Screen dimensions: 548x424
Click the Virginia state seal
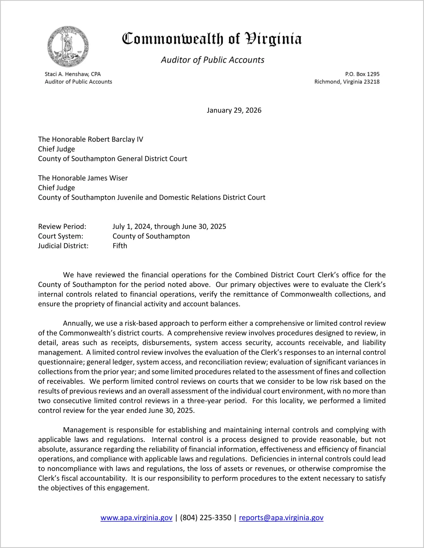tap(68, 47)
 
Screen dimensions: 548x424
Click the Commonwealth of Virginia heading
tap(212, 39)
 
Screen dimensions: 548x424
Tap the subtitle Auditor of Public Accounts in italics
tap(213, 60)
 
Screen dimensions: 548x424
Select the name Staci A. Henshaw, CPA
tap(73, 74)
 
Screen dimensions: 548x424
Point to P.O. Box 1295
tap(362, 74)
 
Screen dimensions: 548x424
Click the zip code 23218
tap(371, 82)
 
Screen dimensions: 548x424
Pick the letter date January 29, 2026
tap(234, 110)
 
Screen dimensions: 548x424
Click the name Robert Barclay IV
tap(115, 139)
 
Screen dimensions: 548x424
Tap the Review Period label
tap(62, 226)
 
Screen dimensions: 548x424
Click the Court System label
tap(61, 236)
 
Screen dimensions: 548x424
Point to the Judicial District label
tap(63, 246)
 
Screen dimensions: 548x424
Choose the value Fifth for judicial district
tap(120, 246)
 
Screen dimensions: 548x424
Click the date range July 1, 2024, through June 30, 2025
tap(169, 226)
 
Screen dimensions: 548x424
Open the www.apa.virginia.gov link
tap(137, 518)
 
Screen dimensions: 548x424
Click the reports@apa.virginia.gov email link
tap(281, 518)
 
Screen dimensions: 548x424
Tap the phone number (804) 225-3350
tap(205, 518)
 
